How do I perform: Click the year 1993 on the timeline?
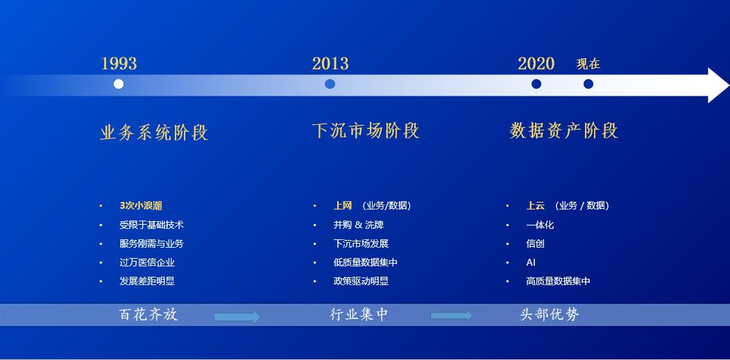(119, 64)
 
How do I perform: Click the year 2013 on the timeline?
(330, 64)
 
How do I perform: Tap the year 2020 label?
(536, 64)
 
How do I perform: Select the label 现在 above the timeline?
(588, 64)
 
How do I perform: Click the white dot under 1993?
(119, 84)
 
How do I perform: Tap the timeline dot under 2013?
(330, 84)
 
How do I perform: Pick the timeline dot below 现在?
(588, 84)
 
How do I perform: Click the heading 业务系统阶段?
(154, 132)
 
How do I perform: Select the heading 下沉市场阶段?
(366, 130)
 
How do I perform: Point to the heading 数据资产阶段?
(563, 130)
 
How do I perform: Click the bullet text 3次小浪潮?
(141, 206)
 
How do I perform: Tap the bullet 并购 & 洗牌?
(358, 225)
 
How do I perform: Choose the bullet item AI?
(531, 262)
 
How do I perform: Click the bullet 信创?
(535, 243)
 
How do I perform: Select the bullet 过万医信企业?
(146, 262)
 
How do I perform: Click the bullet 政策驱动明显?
(361, 281)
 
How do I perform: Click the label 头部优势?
(550, 315)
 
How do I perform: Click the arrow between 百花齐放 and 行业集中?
(237, 317)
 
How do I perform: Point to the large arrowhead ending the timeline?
(718, 85)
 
